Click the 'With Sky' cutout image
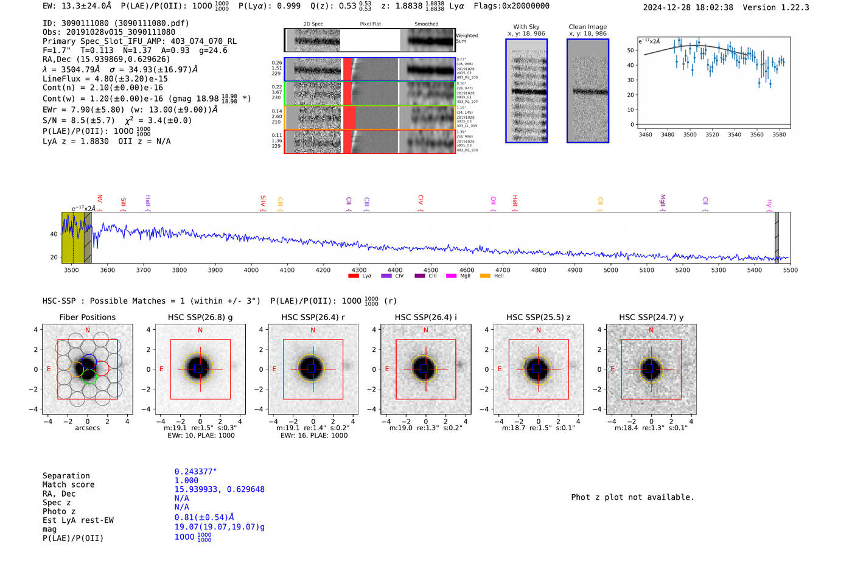point(526,91)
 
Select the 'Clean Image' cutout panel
point(587,91)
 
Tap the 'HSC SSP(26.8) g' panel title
point(200,317)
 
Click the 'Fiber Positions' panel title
point(88,317)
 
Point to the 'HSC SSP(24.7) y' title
point(651,317)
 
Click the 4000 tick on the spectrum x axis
point(251,270)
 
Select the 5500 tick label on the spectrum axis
point(790,270)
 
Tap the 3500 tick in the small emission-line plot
point(690,135)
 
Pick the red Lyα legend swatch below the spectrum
point(354,276)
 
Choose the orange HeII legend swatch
point(485,276)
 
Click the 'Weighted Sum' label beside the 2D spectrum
point(467,38)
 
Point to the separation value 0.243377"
point(195,472)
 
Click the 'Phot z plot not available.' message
point(632,497)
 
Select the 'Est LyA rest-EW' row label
point(78,520)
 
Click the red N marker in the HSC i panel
point(426,330)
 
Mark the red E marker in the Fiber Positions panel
point(49,369)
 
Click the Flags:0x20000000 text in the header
point(511,6)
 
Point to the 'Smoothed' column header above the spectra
point(427,24)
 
